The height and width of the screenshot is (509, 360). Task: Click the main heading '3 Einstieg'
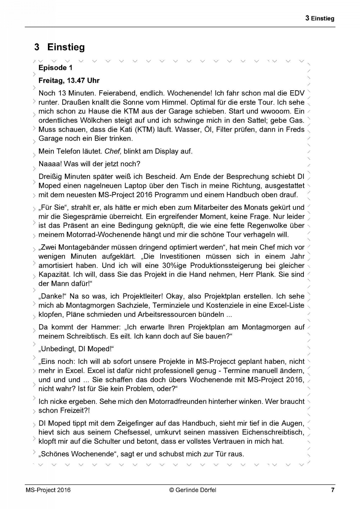pyautogui.click(x=60, y=47)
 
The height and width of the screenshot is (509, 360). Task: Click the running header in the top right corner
pyautogui.click(x=320, y=18)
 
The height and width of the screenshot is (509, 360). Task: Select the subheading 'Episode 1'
pyautogui.click(x=55, y=68)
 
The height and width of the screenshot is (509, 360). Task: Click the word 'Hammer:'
pyautogui.click(x=107, y=327)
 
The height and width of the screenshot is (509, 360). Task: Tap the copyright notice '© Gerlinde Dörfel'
pyautogui.click(x=193, y=490)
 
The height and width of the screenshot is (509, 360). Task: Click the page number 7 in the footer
pyautogui.click(x=333, y=490)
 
